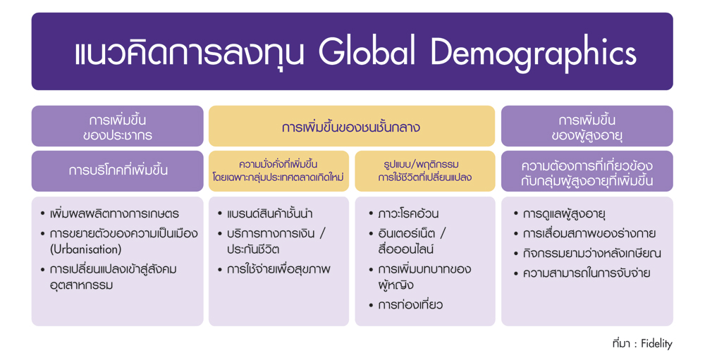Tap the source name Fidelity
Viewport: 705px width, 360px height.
[657, 344]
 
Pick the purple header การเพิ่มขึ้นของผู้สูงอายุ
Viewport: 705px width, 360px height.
[587, 127]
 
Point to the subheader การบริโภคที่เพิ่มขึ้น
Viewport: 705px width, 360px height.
[118, 170]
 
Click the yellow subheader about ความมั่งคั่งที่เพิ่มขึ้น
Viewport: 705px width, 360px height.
[278, 170]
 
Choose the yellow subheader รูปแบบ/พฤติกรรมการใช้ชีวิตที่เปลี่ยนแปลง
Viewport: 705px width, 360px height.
[425, 170]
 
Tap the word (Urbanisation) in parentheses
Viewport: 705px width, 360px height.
[85, 249]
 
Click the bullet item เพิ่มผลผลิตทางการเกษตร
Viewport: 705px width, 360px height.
[114, 213]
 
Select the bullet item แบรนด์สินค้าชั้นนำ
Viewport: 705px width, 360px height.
[270, 213]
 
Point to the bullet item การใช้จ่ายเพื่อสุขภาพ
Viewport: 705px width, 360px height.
[278, 269]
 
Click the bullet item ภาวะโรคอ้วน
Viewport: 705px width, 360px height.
[408, 213]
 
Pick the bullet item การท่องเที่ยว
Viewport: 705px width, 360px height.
[410, 305]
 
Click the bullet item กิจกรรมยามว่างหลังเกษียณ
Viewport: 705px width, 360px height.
[591, 253]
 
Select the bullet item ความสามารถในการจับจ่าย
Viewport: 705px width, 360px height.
[587, 273]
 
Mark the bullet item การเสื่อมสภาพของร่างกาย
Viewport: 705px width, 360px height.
[589, 233]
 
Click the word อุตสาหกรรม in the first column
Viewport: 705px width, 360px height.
[81, 285]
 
